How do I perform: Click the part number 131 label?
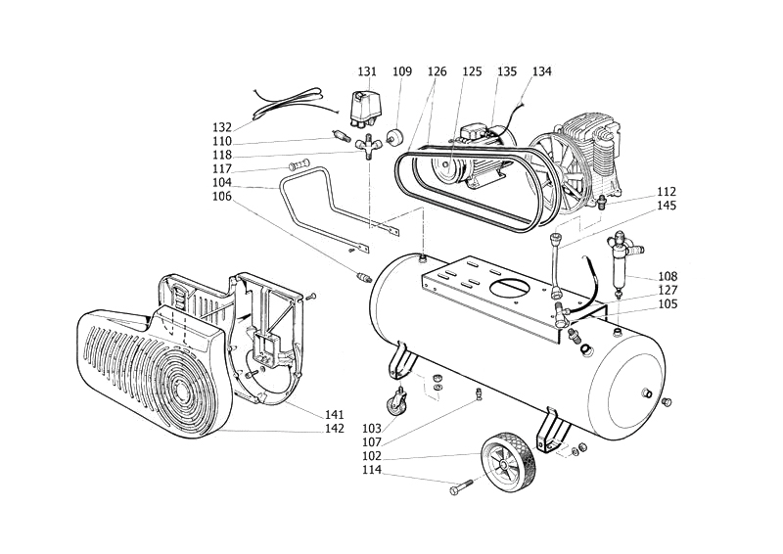pyautogui.click(x=367, y=71)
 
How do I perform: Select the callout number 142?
pyautogui.click(x=335, y=429)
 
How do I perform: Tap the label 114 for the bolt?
pyautogui.click(x=372, y=470)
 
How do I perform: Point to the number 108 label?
pyautogui.click(x=668, y=276)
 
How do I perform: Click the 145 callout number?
pyautogui.click(x=667, y=206)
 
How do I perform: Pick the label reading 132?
pyautogui.click(x=222, y=127)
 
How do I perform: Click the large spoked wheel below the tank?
pyautogui.click(x=508, y=459)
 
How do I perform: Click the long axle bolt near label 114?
pyautogui.click(x=461, y=487)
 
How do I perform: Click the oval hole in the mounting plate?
pyautogui.click(x=512, y=288)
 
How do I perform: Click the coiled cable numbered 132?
pyautogui.click(x=287, y=104)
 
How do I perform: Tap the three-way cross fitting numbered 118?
pyautogui.click(x=368, y=146)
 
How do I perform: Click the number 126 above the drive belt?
pyautogui.click(x=437, y=71)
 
